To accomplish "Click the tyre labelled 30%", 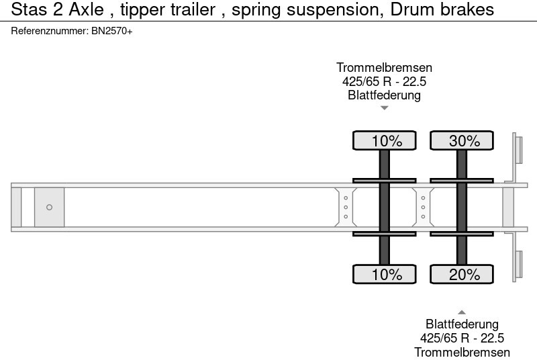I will [x=462, y=140].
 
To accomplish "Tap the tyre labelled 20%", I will [x=462, y=274].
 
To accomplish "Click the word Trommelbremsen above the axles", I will [x=384, y=68].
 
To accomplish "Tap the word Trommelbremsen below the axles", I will [x=462, y=352].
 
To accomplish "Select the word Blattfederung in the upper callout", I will [x=384, y=95].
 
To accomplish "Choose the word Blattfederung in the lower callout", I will [x=462, y=324].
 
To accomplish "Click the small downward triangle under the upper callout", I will [x=384, y=108].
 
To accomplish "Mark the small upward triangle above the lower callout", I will [x=462, y=311].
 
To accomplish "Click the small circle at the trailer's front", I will [x=49, y=207].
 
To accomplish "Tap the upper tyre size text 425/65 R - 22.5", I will [x=384, y=81].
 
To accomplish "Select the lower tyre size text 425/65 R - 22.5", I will [x=462, y=338].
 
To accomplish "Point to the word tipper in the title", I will [x=141, y=10].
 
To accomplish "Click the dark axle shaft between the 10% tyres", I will [x=385, y=207].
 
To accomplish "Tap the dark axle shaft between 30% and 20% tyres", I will [x=462, y=207].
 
